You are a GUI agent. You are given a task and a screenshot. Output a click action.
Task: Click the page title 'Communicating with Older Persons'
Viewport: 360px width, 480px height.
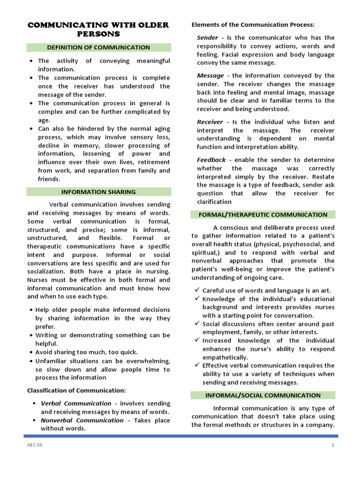point(98,29)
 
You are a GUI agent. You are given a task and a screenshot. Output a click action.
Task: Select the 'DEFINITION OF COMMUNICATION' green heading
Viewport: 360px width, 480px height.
point(98,47)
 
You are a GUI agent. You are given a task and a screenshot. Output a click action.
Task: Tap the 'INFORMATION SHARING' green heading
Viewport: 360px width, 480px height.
point(98,192)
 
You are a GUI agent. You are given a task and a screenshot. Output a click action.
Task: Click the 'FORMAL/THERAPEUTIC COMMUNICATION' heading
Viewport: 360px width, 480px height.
point(263,215)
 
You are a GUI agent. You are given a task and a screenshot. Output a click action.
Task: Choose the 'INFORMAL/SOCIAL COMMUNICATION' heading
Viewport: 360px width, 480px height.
point(263,395)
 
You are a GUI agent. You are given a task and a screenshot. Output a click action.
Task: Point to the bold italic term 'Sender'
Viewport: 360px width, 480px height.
point(208,37)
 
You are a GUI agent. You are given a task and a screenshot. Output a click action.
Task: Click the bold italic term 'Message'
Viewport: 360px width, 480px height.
point(210,75)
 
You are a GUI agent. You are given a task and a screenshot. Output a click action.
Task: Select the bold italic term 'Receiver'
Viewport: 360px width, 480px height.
point(210,122)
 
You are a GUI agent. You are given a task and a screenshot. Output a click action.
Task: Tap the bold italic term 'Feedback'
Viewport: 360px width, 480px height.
point(211,160)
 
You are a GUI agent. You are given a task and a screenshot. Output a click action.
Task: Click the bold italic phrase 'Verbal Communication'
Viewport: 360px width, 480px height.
point(76,404)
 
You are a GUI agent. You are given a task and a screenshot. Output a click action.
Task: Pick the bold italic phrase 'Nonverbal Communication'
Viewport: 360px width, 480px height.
point(82,420)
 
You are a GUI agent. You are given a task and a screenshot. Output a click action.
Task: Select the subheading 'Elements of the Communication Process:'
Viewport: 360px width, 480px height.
point(253,24)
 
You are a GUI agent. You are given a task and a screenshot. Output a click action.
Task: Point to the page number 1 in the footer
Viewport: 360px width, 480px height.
point(333,445)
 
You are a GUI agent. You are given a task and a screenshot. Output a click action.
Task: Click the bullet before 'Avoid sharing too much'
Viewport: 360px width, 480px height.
point(30,352)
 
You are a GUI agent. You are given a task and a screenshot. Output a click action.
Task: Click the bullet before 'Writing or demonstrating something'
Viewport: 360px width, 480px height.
point(30,336)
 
